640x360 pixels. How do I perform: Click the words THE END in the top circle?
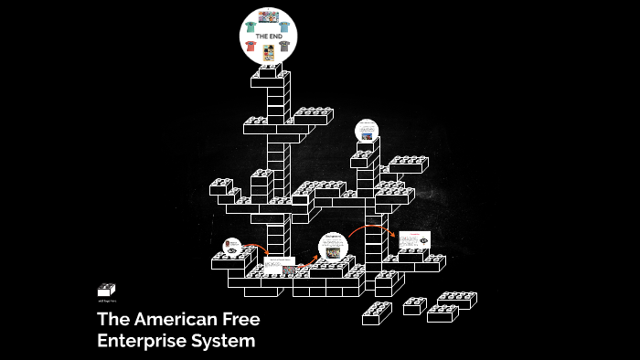pyautogui.click(x=268, y=36)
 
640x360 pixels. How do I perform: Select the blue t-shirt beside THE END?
pyautogui.click(x=284, y=26)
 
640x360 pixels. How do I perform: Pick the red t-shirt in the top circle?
pyautogui.click(x=251, y=44)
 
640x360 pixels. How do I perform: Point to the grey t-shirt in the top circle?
pyautogui.click(x=284, y=45)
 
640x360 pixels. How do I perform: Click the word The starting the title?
pyautogui.click(x=112, y=320)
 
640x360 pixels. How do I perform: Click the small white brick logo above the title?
pyautogui.click(x=106, y=290)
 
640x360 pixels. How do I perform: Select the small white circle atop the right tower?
pyautogui.click(x=367, y=130)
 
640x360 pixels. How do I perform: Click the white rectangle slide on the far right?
pyautogui.click(x=414, y=240)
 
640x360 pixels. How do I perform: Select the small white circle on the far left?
pyautogui.click(x=231, y=246)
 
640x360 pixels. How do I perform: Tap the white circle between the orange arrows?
pyautogui.click(x=333, y=248)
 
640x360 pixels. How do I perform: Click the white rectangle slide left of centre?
pyautogui.click(x=280, y=265)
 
